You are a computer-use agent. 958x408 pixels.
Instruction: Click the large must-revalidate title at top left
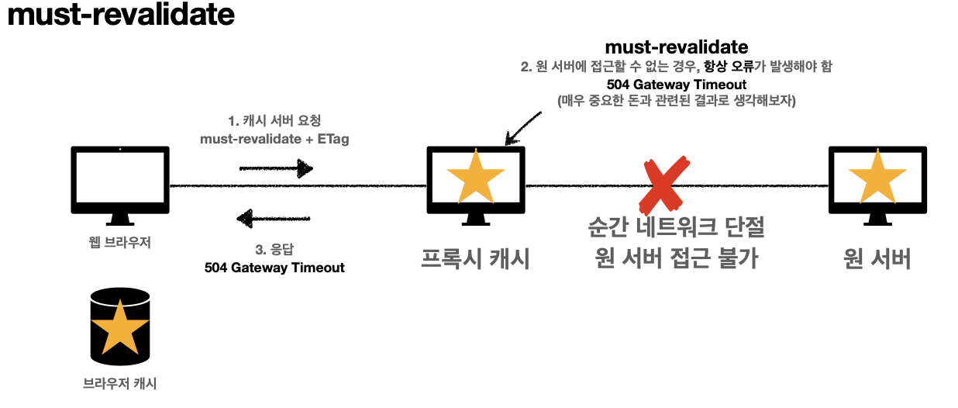tap(120, 16)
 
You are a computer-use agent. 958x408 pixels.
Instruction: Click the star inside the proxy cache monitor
tap(476, 178)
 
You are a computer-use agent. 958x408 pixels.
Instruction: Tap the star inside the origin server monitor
tap(877, 178)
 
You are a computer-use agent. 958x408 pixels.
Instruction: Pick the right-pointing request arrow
tap(275, 168)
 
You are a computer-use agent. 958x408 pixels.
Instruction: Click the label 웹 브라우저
tap(119, 242)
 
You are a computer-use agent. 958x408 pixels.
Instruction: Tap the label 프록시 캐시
tap(475, 259)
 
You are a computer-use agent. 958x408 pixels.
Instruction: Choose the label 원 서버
tap(877, 259)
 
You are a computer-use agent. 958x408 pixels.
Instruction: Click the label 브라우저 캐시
tap(119, 382)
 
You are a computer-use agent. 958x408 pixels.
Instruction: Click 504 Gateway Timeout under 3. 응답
tap(274, 267)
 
